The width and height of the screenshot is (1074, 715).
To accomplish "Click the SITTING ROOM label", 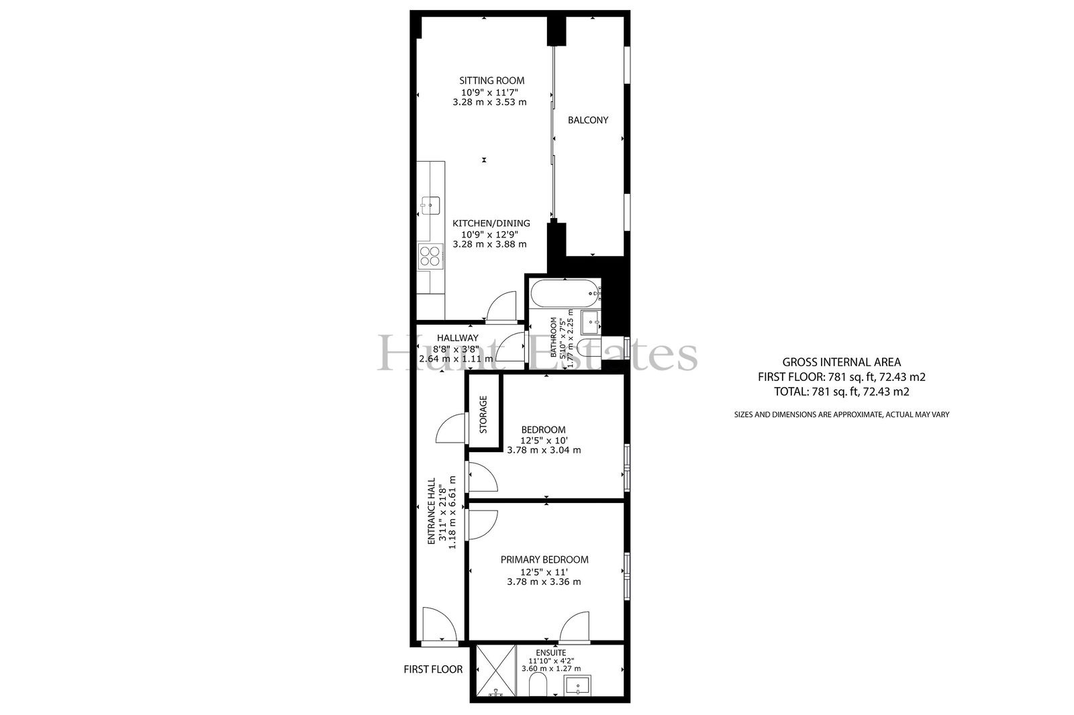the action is tap(492, 80).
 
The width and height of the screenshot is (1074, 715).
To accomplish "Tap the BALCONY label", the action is tap(588, 120).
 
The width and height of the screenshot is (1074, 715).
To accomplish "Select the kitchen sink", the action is tap(95, 205).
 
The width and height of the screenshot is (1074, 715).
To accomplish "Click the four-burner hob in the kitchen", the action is tap(95, 256).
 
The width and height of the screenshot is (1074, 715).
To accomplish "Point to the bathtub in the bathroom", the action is tap(565, 293).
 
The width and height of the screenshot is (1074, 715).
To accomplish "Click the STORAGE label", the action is tap(483, 415).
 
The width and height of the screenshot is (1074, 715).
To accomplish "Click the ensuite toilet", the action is tap(538, 684).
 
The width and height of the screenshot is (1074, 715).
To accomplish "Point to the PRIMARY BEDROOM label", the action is tap(544, 559).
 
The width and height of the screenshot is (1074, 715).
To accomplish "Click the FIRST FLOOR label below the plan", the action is tap(433, 669).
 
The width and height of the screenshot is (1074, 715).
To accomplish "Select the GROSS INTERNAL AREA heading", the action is tap(842, 362).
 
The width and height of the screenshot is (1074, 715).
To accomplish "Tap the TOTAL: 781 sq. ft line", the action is tap(842, 392).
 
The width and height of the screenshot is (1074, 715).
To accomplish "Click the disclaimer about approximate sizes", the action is tap(842, 415).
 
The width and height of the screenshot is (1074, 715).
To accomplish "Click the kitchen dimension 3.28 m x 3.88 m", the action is tap(489, 244).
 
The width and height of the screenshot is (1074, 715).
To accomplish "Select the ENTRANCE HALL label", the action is tap(432, 511).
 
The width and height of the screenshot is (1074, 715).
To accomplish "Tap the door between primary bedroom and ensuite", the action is tap(574, 627).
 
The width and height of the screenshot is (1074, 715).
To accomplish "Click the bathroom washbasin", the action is tap(590, 322).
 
